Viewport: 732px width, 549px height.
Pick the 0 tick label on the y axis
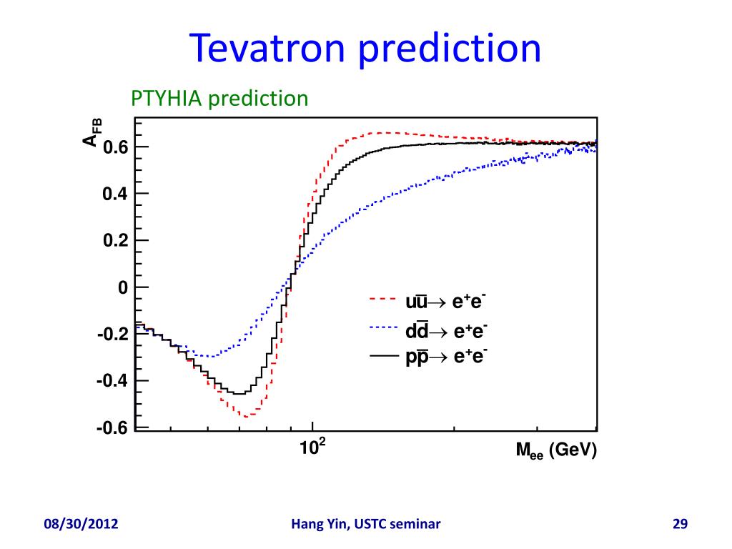click(x=122, y=287)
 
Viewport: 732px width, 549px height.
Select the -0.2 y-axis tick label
click(x=112, y=335)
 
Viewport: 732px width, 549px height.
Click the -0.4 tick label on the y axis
click(x=112, y=381)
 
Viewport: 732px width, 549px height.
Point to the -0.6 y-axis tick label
click(x=112, y=427)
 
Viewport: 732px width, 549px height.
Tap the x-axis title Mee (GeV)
click(x=555, y=452)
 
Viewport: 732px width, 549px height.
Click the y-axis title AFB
click(x=93, y=132)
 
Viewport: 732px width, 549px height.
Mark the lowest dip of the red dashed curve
click(x=246, y=416)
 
